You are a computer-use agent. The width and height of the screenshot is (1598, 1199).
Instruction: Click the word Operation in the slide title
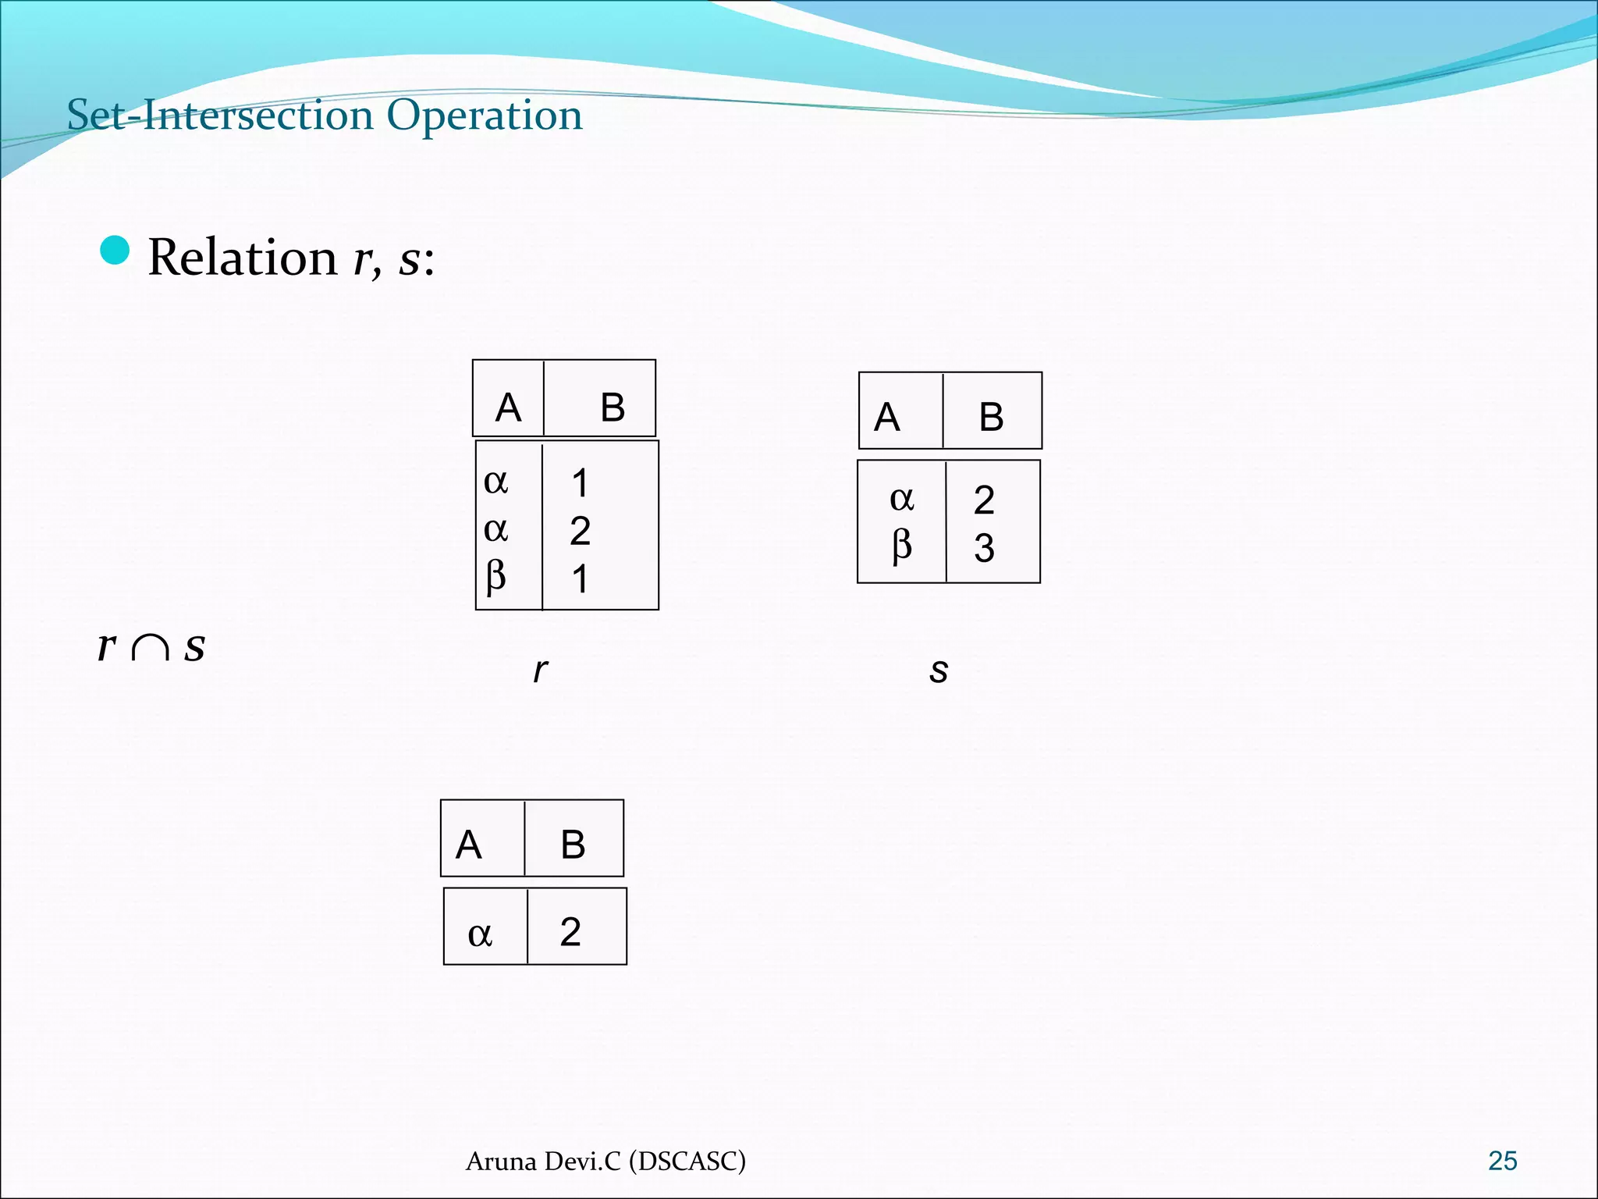pos(485,116)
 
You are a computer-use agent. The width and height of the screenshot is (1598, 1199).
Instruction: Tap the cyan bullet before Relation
pos(115,251)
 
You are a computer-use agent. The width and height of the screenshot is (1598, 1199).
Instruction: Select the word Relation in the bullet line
pos(242,257)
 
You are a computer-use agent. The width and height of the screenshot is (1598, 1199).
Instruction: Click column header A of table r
pos(508,407)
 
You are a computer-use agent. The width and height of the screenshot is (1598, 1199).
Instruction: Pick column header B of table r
pos(613,407)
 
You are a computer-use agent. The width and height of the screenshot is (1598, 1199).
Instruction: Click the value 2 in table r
pos(580,531)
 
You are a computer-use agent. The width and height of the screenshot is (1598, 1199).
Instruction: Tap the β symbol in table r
pos(495,577)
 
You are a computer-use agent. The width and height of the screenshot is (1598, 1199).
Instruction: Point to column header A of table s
pos(886,417)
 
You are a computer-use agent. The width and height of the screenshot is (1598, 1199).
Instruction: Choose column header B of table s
pos(991,417)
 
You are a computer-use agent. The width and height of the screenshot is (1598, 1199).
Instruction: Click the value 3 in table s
pos(984,548)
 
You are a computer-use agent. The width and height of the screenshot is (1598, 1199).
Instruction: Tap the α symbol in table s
pos(901,498)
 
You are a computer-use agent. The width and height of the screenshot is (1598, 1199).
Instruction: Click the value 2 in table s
pos(984,500)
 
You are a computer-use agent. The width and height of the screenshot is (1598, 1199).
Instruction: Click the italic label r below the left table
pos(540,670)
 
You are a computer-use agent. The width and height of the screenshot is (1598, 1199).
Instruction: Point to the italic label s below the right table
pos(939,670)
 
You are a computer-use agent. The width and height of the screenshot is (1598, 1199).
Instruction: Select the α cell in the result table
pos(480,933)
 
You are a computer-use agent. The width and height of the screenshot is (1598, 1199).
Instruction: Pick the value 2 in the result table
pos(570,932)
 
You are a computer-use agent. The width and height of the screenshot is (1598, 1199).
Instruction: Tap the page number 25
pos(1502,1161)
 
